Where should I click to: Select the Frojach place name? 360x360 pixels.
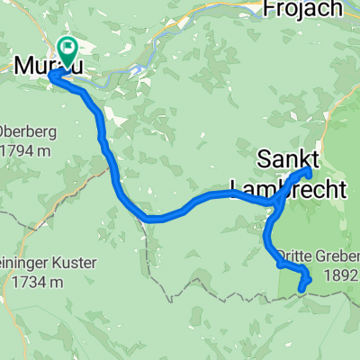point(303,9)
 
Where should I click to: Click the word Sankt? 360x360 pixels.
point(287,160)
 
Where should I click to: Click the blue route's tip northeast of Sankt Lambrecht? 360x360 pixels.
point(310,170)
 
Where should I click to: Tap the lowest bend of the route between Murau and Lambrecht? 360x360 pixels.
point(155,218)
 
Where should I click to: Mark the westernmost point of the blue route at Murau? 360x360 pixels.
point(49,76)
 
